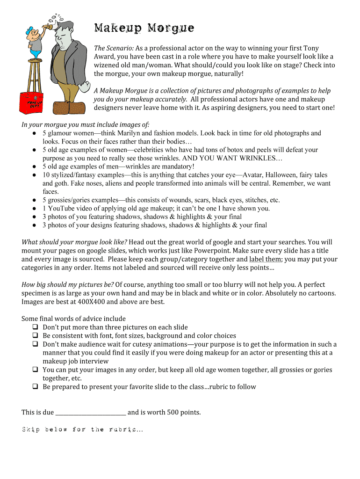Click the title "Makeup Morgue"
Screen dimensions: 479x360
[144, 29]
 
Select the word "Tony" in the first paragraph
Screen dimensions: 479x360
[311, 48]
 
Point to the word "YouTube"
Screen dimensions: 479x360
[61, 208]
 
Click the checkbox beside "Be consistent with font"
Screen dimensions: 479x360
[35, 335]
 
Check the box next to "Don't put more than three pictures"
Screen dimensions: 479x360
[35, 327]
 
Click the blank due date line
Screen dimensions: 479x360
[90, 413]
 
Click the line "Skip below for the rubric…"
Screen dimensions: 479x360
[82, 429]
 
